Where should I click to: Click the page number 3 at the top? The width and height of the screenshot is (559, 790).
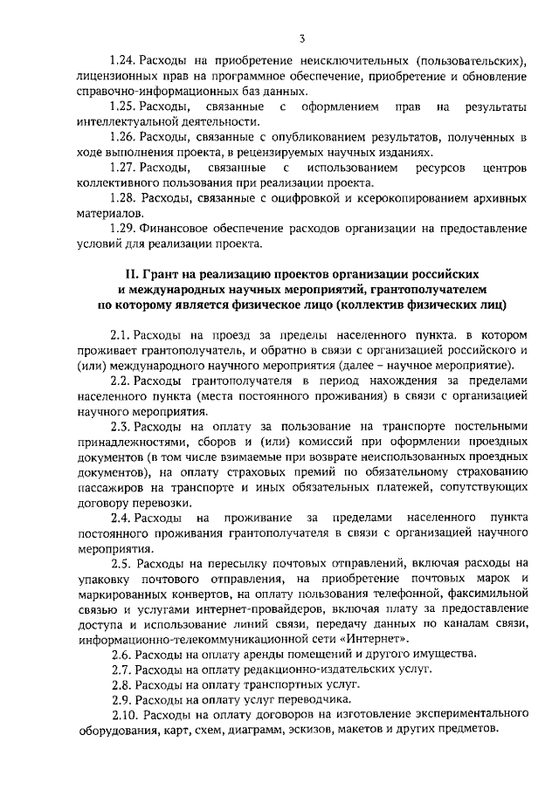coord(300,38)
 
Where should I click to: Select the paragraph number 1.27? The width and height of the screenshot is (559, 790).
coord(124,167)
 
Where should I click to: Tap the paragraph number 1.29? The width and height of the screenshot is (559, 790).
coord(124,228)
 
